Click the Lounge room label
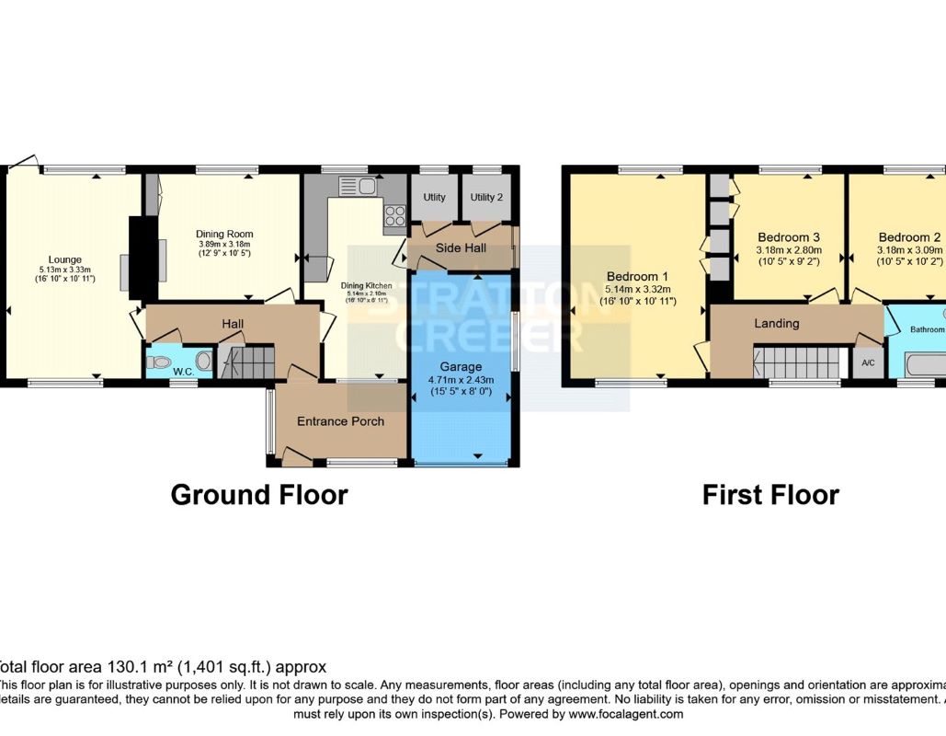coord(66,259)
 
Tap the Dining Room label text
coord(224,234)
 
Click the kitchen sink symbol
coord(359,187)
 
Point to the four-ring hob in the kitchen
coord(395,216)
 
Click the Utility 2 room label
coord(486,198)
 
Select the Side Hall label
coord(460,248)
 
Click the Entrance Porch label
coord(340,421)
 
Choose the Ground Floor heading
coord(259,495)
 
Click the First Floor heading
coord(770,495)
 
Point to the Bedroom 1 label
coord(637,276)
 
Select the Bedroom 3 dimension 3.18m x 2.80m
coord(789,249)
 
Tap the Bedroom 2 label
coord(909,236)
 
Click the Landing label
coord(777,323)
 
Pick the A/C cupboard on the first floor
coord(868,362)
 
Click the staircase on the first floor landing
coord(798,362)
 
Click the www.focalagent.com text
coord(626,714)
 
